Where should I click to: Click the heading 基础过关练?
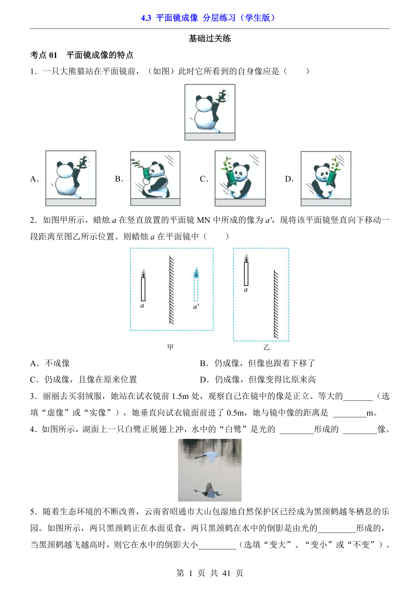pos(210,39)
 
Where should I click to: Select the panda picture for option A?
pos(71,178)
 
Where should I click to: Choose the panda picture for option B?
pos(155,178)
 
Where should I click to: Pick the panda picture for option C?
pos(240,178)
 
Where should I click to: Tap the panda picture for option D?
pos(326,178)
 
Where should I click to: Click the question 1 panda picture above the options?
pos(210,112)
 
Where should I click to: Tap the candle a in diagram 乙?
pos(246,270)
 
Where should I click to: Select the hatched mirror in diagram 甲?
pos(172,290)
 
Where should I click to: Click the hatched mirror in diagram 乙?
pos(276,304)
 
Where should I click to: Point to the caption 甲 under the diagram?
pos(171,347)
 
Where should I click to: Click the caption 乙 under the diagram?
pos(267,347)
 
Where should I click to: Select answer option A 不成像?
pos(50,363)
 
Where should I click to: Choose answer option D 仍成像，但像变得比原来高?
pos(258,380)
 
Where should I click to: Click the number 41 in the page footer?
pos(226,573)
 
